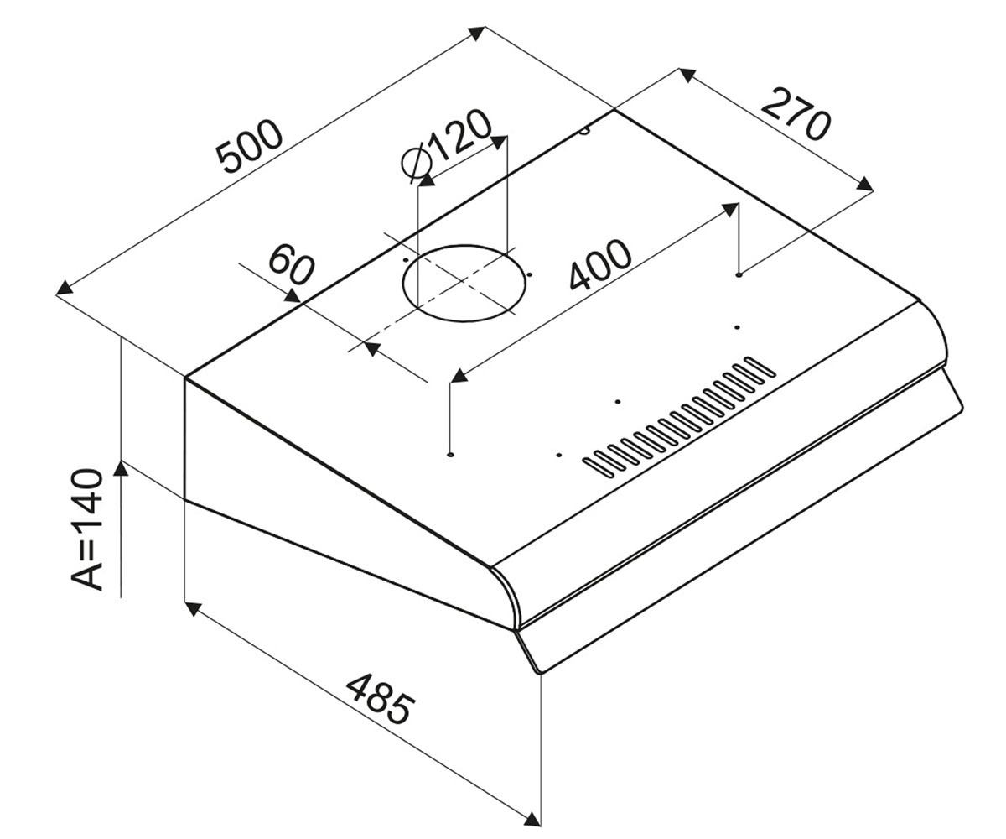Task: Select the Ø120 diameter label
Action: click(x=447, y=145)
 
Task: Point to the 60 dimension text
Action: click(x=291, y=264)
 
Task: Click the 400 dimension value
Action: click(x=600, y=264)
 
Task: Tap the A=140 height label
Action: click(x=87, y=529)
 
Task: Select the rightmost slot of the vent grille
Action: click(x=760, y=367)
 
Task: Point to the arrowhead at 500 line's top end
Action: click(x=478, y=34)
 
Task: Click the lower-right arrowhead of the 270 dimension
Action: click(x=865, y=185)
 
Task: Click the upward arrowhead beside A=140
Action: click(x=121, y=467)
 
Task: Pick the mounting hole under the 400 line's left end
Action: click(x=450, y=454)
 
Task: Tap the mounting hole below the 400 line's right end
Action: click(x=738, y=275)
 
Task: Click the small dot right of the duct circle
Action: click(x=530, y=275)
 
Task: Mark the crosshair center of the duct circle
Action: click(x=464, y=280)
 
